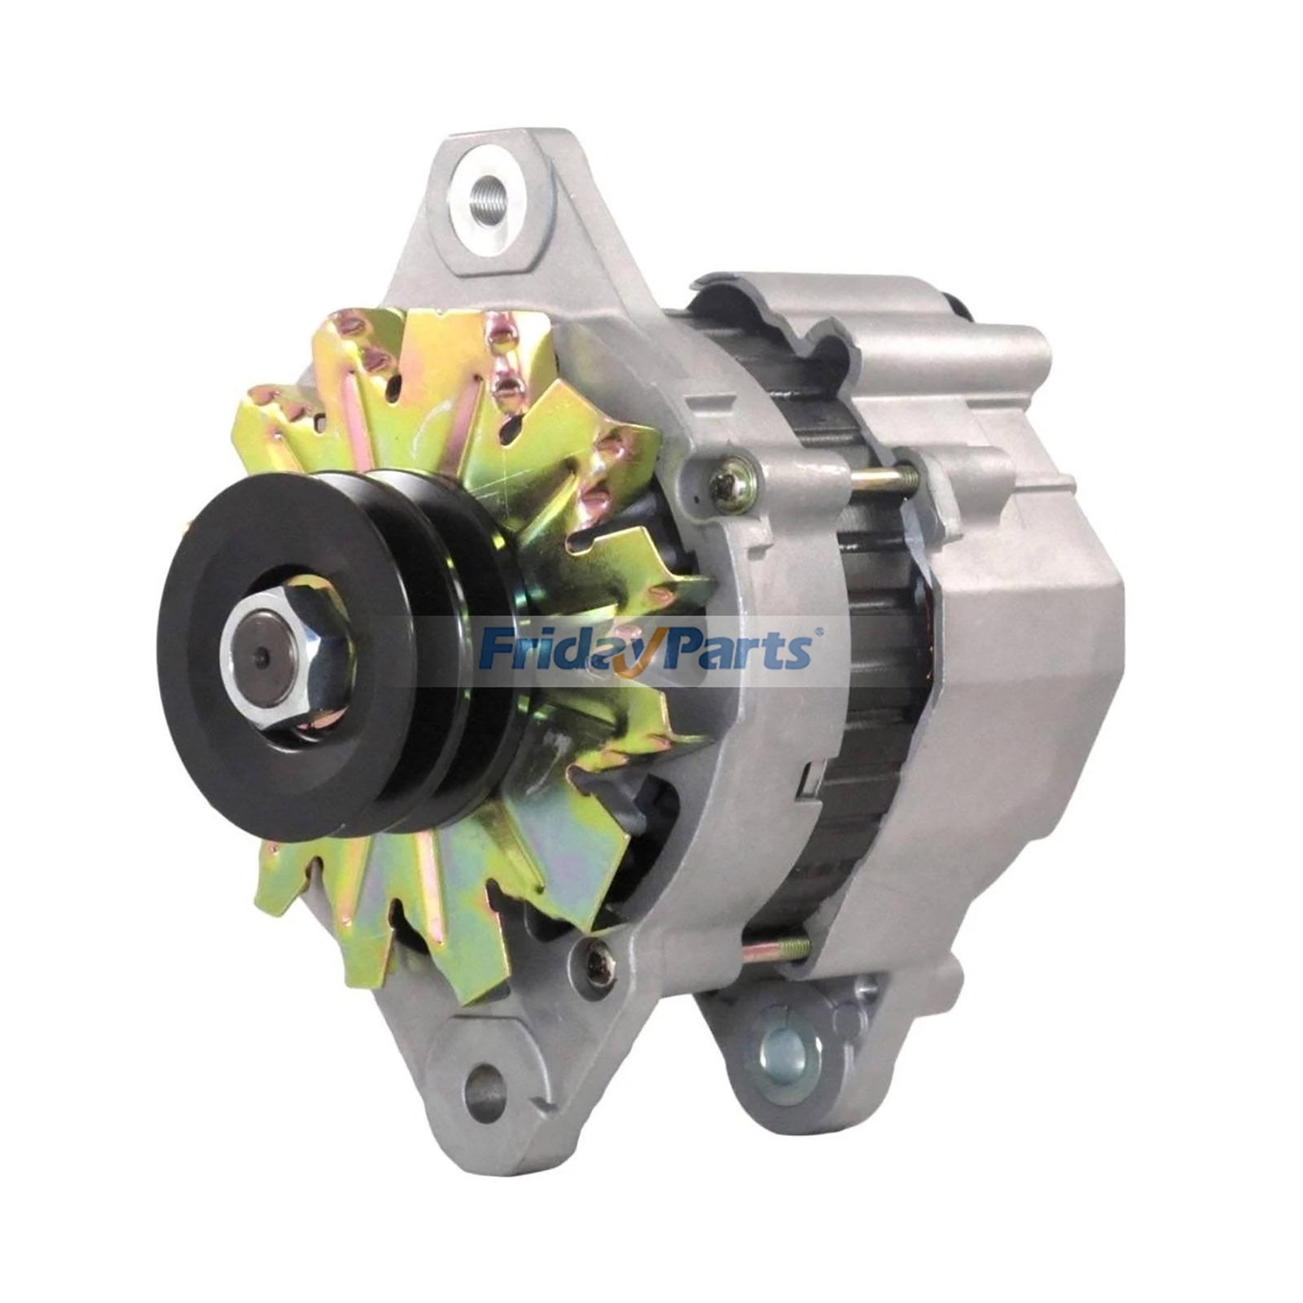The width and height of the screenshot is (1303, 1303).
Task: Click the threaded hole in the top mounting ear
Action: pyautogui.click(x=488, y=195)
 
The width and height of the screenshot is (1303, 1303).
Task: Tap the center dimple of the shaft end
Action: pyautogui.click(x=263, y=651)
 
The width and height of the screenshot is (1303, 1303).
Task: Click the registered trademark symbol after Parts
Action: pyautogui.click(x=818, y=630)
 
